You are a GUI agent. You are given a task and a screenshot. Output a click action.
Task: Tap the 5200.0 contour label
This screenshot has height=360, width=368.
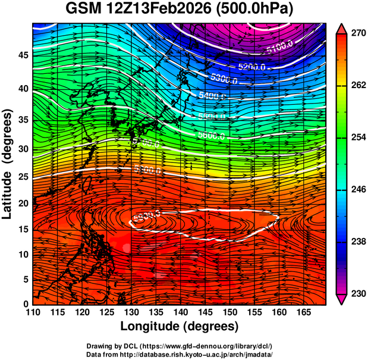(x=252, y=67)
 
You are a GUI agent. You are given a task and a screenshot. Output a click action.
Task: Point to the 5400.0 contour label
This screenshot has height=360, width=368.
(x=213, y=95)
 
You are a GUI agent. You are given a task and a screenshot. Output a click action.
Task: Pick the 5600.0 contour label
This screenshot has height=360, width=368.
(x=210, y=136)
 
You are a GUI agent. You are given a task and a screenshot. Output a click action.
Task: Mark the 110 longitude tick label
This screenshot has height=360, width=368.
(x=33, y=311)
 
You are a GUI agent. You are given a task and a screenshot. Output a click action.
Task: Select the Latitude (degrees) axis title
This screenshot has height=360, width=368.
(x=8, y=164)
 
